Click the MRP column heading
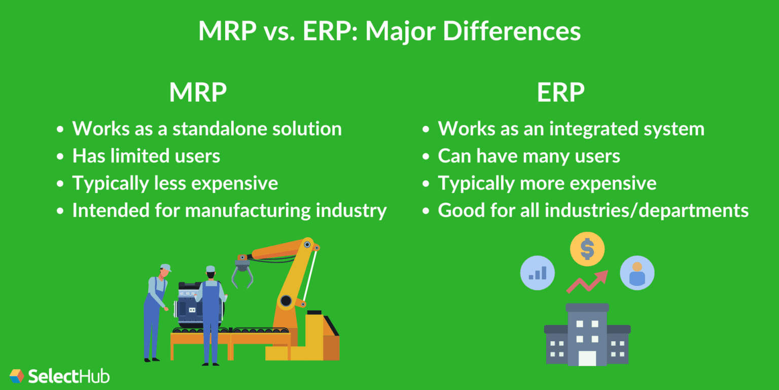[x=198, y=93]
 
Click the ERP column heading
[x=560, y=93]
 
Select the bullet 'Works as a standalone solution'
[x=206, y=128]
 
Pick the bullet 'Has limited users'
[x=146, y=156]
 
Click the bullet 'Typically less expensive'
[x=175, y=183]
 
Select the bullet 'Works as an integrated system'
[x=571, y=128]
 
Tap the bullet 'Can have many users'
[x=529, y=156]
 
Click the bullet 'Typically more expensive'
[x=547, y=183]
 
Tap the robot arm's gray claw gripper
[x=242, y=275]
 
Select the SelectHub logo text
[x=68, y=376]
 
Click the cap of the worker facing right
[x=165, y=267]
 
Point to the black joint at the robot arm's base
[x=286, y=301]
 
